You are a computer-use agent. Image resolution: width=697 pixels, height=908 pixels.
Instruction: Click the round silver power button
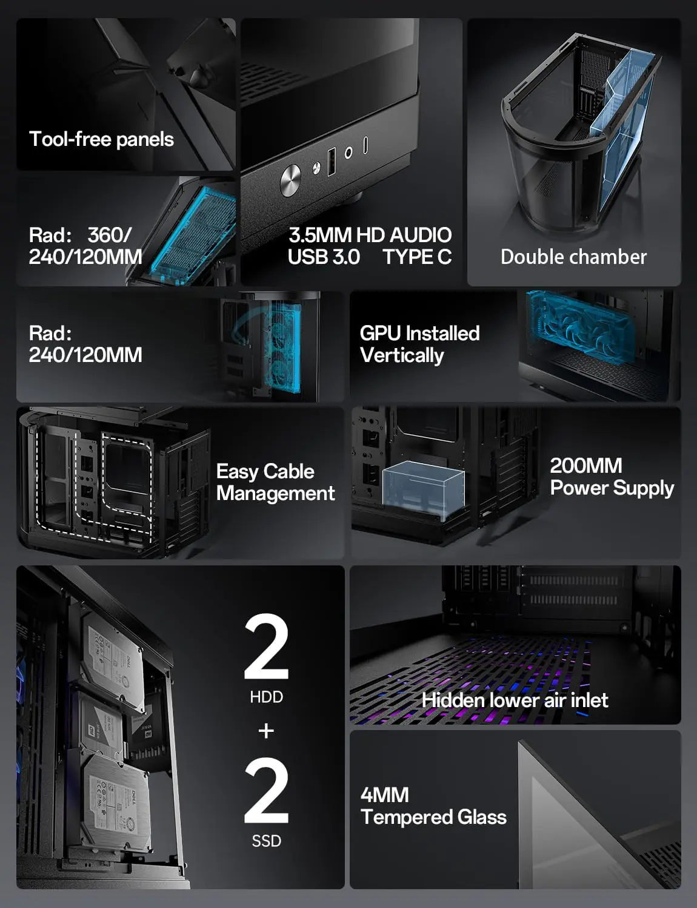(x=290, y=180)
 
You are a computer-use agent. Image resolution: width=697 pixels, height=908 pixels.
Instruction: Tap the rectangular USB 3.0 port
(x=332, y=162)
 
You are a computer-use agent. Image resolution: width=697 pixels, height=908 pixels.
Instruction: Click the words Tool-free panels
(x=101, y=139)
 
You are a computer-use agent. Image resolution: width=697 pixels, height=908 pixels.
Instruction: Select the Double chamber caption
(x=573, y=257)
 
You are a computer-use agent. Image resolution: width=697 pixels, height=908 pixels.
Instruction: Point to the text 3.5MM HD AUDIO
(x=370, y=235)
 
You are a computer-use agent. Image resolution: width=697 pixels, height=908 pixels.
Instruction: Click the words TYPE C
(x=417, y=257)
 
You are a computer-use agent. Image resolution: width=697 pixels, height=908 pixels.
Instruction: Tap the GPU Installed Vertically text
(x=419, y=344)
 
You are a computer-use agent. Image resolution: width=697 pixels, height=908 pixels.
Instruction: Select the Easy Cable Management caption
(x=275, y=482)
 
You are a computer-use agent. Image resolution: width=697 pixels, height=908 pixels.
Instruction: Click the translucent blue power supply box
(x=424, y=489)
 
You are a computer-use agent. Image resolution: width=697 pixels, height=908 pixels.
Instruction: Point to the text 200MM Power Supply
(x=612, y=477)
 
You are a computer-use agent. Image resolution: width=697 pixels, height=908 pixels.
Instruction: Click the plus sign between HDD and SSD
(x=267, y=731)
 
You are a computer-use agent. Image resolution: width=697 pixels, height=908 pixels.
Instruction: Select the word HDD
(x=267, y=697)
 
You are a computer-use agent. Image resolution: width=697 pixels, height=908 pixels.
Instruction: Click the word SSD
(x=267, y=841)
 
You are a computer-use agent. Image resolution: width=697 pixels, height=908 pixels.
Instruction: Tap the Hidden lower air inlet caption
(x=515, y=700)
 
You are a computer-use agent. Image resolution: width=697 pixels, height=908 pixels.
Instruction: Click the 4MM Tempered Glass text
(x=433, y=806)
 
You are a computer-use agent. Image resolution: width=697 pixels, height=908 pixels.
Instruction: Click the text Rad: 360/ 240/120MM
(x=85, y=246)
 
